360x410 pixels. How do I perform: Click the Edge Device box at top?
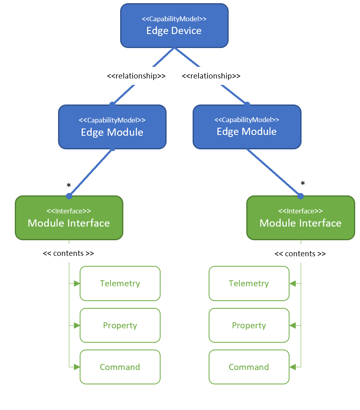click(174, 26)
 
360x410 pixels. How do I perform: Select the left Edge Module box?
click(112, 127)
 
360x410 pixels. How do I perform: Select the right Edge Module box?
click(247, 127)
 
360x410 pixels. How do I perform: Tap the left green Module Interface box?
click(69, 218)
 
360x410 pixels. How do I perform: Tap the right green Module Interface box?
click(300, 218)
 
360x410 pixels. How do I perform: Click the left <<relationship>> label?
click(136, 76)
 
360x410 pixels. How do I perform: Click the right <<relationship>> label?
click(211, 76)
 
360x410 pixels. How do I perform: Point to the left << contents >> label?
click(68, 253)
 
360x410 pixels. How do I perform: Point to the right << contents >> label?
click(300, 254)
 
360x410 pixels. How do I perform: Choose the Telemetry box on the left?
click(120, 283)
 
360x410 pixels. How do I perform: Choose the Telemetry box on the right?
click(249, 283)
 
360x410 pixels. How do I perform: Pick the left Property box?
click(120, 326)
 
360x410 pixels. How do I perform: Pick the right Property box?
click(249, 326)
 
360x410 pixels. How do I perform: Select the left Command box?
click(120, 367)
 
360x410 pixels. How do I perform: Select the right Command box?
click(249, 367)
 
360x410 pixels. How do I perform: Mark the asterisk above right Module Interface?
click(303, 184)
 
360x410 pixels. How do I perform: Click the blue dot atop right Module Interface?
click(301, 196)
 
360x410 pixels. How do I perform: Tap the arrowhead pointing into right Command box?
click(292, 367)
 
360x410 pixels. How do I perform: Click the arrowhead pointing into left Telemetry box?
click(77, 283)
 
